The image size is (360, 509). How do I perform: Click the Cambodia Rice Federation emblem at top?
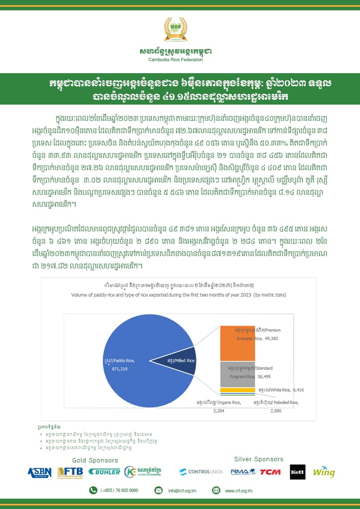pos(175,30)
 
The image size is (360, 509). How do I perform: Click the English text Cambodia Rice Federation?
pos(175,60)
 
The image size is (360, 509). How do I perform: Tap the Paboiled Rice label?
pos(276,403)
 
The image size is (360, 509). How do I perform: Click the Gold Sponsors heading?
pos(95,460)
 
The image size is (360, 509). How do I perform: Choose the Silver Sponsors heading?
pos(259,459)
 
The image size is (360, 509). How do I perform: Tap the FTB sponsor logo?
pos(70,472)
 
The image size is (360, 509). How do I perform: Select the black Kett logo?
pos(298,472)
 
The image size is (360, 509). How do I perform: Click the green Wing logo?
pos(323,472)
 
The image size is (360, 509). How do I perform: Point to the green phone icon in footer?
pos(93,490)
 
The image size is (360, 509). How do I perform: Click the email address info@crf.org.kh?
pos(182,491)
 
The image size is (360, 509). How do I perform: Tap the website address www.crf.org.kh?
pos(239,491)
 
